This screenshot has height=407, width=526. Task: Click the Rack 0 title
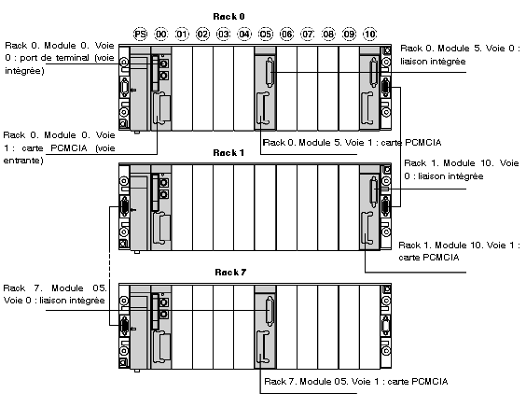click(x=228, y=17)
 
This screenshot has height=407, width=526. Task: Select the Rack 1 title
click(x=228, y=153)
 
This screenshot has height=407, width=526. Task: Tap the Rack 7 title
click(x=230, y=272)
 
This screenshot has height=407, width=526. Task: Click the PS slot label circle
click(x=140, y=34)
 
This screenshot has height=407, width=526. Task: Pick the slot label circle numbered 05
click(x=266, y=34)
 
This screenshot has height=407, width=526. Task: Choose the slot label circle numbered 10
click(x=369, y=34)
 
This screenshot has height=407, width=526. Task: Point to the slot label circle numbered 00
click(x=161, y=34)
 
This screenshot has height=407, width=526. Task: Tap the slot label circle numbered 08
click(x=328, y=34)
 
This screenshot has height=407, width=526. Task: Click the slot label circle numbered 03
click(x=224, y=34)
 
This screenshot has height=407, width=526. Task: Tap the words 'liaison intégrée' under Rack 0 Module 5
click(x=433, y=62)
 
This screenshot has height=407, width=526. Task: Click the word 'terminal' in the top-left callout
click(x=73, y=58)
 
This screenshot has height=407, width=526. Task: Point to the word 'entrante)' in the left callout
click(x=23, y=161)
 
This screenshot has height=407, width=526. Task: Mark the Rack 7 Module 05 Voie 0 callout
click(x=55, y=294)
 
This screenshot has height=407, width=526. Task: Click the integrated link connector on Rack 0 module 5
click(x=270, y=72)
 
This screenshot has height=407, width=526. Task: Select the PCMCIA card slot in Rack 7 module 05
click(x=263, y=347)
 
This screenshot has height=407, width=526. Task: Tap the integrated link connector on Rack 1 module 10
click(x=374, y=191)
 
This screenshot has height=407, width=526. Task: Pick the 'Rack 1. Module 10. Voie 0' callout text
click(x=462, y=170)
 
